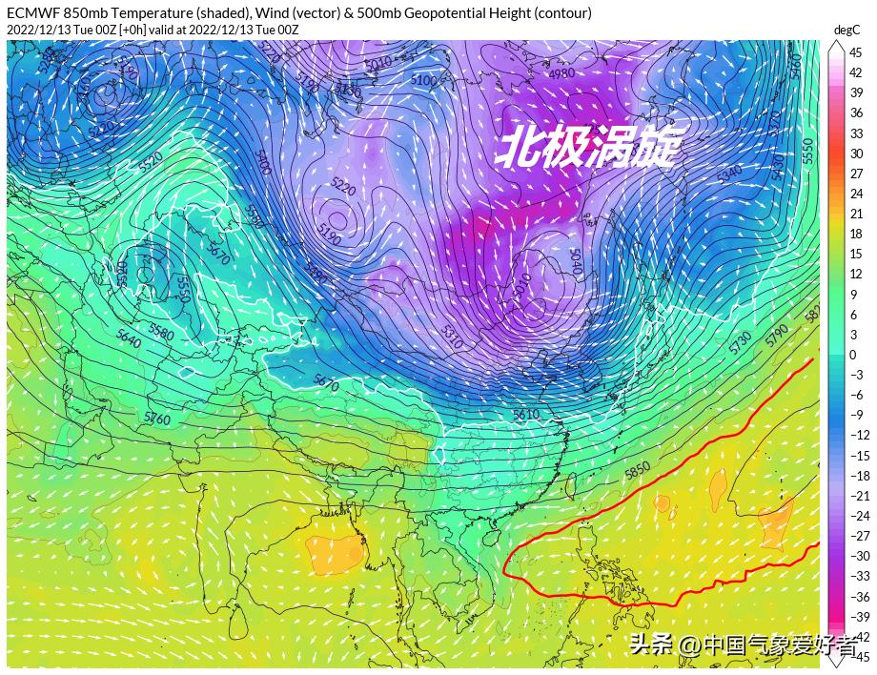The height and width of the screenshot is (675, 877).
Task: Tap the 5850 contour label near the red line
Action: [x=637, y=469]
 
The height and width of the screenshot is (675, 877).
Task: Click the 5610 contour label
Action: [x=525, y=415]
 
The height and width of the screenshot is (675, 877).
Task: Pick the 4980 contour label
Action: [x=562, y=74]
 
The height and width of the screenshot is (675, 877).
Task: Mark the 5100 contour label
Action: [x=423, y=81]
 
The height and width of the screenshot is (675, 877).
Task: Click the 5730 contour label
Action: [x=741, y=343]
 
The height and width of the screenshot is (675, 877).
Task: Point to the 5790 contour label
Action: [x=776, y=334]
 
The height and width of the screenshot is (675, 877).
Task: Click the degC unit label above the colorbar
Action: [x=846, y=31]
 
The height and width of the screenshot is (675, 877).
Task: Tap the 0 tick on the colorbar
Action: [x=852, y=355]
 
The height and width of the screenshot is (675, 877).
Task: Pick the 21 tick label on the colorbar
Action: [x=855, y=215]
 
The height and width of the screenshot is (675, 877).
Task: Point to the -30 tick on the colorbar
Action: [x=858, y=556]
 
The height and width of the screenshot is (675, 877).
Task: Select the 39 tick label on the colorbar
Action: [x=855, y=92]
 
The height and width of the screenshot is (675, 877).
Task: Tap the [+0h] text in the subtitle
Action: [x=133, y=29]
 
